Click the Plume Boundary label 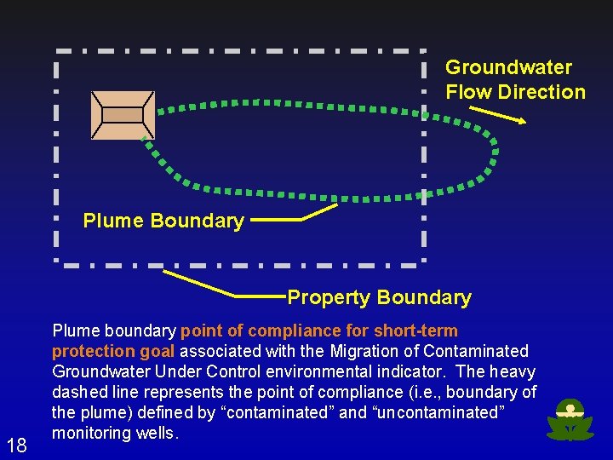pos(163,221)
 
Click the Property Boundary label pos(379,297)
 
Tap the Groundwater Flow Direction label pos(515,79)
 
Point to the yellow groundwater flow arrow pos(498,114)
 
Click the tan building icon pos(123,114)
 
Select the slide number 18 pos(16,444)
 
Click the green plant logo pos(570,420)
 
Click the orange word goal pos(155,351)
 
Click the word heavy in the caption pos(513,371)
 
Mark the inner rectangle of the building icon pos(123,115)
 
